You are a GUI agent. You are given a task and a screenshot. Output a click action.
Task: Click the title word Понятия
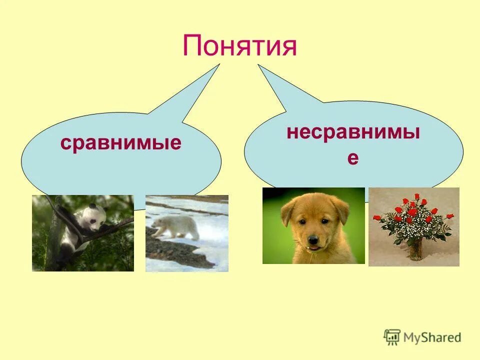pyautogui.click(x=239, y=46)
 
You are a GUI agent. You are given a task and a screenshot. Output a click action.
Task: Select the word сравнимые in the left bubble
pyautogui.click(x=120, y=143)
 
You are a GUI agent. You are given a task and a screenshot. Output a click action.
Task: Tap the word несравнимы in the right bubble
pyautogui.click(x=353, y=133)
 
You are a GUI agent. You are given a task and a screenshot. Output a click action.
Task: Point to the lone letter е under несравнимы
pyautogui.click(x=353, y=158)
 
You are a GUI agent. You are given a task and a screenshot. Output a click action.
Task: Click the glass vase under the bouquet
pyautogui.click(x=414, y=250)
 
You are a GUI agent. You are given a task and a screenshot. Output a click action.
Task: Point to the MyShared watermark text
pyautogui.click(x=432, y=337)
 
